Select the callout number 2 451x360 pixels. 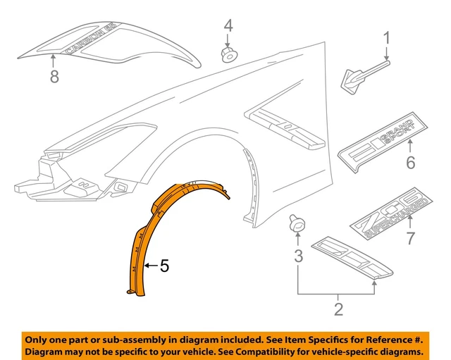point(338,307)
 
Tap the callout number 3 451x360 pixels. point(298,255)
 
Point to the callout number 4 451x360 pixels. point(228,26)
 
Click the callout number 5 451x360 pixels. point(164,266)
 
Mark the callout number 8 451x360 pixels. point(54,77)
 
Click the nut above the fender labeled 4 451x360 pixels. point(229,54)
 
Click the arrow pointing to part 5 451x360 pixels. point(149,266)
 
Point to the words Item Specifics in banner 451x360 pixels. point(316,337)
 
